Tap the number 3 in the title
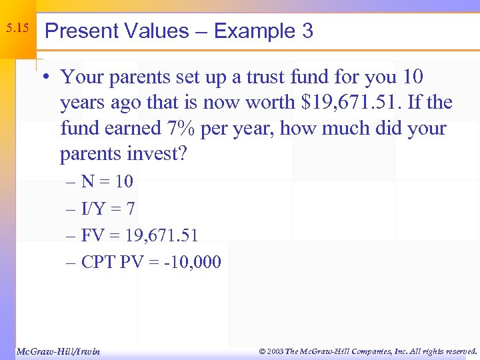pos(307,31)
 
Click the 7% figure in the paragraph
pos(201,128)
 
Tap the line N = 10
pos(107,181)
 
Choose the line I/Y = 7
pos(108,209)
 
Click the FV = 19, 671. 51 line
pos(139,235)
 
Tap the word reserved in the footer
pos(457,351)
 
